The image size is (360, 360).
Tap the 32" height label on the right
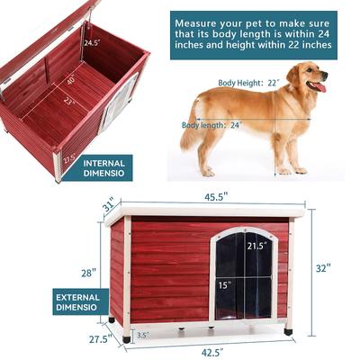click(x=323, y=267)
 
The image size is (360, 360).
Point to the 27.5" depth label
click(x=100, y=339)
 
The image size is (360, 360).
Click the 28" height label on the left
click(x=87, y=272)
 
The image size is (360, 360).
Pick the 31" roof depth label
click(x=109, y=206)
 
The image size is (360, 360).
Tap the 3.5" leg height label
click(x=142, y=335)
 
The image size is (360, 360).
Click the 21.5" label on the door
click(x=257, y=245)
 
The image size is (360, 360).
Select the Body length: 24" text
click(x=212, y=125)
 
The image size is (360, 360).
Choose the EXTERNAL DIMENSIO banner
click(x=76, y=301)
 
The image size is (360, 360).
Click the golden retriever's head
click(x=309, y=77)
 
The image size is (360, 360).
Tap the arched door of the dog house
click(x=243, y=274)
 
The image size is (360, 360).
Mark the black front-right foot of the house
click(x=288, y=331)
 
